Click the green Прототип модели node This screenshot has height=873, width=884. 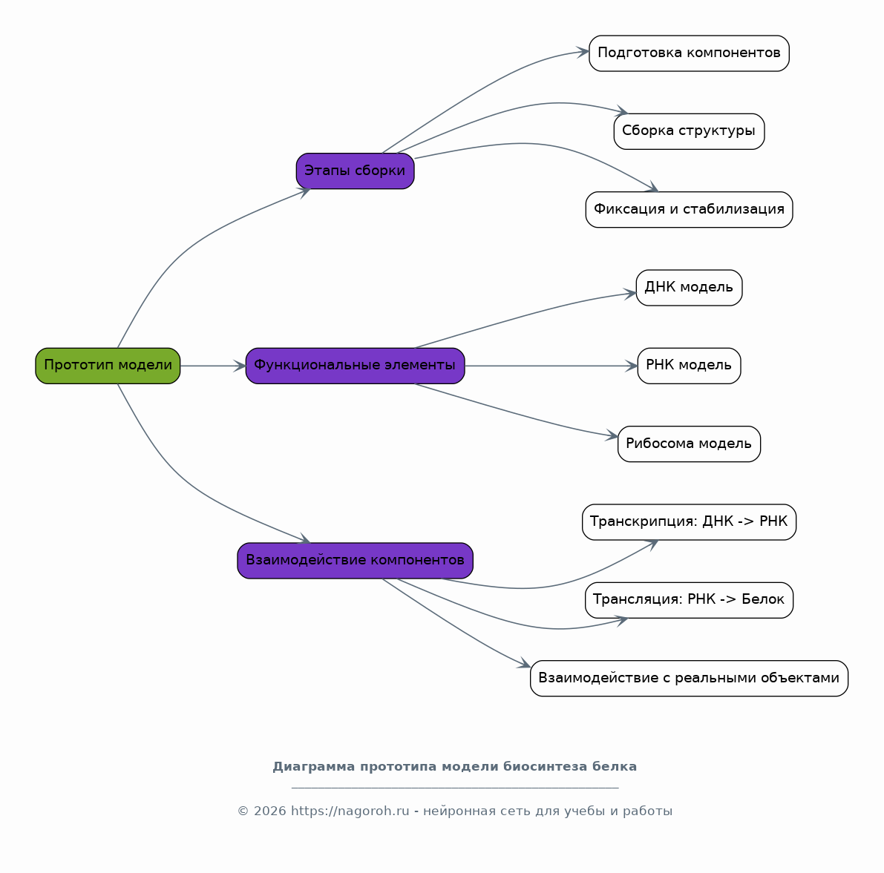pyautogui.click(x=108, y=366)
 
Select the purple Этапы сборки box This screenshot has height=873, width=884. pyautogui.click(x=356, y=171)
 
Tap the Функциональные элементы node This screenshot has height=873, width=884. pyautogui.click(x=356, y=366)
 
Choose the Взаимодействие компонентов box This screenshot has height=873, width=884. pyautogui.click(x=356, y=561)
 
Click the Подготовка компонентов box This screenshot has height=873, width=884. pyautogui.click(x=689, y=53)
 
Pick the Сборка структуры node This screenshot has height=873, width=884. pyautogui.click(x=689, y=131)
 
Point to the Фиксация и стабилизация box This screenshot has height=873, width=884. pyautogui.click(x=689, y=209)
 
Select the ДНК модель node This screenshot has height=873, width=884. pyautogui.click(x=689, y=288)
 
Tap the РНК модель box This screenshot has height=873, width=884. pyautogui.click(x=689, y=366)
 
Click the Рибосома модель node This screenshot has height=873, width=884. pyautogui.click(x=689, y=444)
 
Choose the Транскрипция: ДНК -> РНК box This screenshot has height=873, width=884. pyautogui.click(x=689, y=522)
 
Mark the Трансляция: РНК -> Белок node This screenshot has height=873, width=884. pyautogui.click(x=689, y=600)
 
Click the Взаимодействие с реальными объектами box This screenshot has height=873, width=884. pyautogui.click(x=689, y=678)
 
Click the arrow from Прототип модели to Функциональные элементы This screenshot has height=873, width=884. pyautogui.click(x=213, y=366)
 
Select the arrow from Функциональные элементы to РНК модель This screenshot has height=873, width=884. pyautogui.click(x=551, y=366)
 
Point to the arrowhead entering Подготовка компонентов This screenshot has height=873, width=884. pyautogui.click(x=583, y=53)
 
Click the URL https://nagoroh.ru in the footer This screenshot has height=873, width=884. pyautogui.click(x=350, y=811)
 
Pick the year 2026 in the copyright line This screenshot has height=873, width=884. pyautogui.click(x=270, y=811)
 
